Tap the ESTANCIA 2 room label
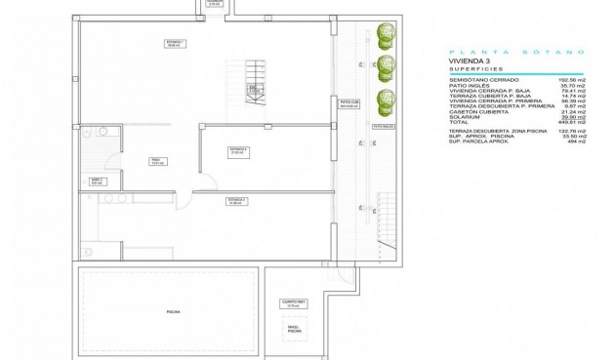point(238,151)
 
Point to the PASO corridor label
point(155,162)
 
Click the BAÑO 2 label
point(97,181)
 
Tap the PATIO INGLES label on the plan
point(382,125)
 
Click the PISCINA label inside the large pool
point(172,311)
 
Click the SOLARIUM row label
point(466,116)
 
